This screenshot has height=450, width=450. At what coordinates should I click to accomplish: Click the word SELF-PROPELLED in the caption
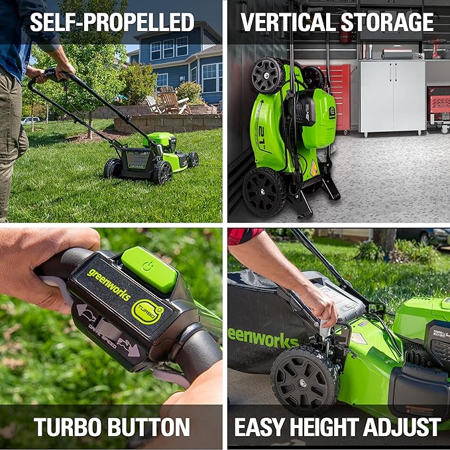[111, 22]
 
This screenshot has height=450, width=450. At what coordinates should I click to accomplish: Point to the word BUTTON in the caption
[150, 427]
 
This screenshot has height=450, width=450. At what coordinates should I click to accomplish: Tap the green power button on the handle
[150, 268]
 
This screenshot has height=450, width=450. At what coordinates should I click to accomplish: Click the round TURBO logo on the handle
[147, 311]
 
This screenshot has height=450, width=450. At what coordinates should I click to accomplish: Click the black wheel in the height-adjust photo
[304, 381]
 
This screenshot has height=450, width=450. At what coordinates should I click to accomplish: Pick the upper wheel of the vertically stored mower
[268, 75]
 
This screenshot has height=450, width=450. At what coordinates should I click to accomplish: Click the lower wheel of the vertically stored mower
[263, 192]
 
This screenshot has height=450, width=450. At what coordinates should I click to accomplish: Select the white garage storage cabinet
[392, 96]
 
